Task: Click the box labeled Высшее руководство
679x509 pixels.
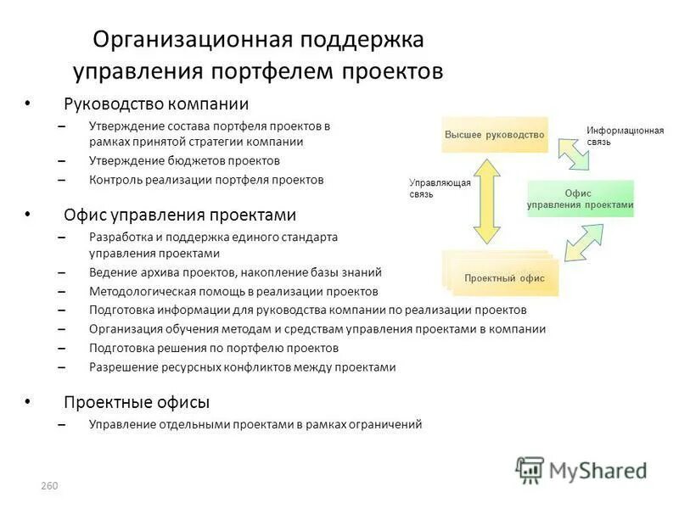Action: point(494,135)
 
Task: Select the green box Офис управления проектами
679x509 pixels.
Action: point(581,199)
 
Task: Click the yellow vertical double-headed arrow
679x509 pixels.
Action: point(487,202)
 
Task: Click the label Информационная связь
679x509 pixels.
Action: point(625,136)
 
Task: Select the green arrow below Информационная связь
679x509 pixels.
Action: point(573,154)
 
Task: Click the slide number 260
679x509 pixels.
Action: point(48,486)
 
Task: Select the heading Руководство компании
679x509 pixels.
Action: point(156,104)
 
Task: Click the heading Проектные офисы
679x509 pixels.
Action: point(137,402)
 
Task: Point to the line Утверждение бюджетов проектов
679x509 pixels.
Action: point(184,160)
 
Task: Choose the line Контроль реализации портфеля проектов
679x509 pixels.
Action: point(206,180)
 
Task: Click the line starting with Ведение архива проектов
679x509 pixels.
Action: point(235,272)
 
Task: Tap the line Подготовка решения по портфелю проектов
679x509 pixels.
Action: point(214,348)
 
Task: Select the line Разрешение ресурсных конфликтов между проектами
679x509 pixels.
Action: point(243,367)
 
